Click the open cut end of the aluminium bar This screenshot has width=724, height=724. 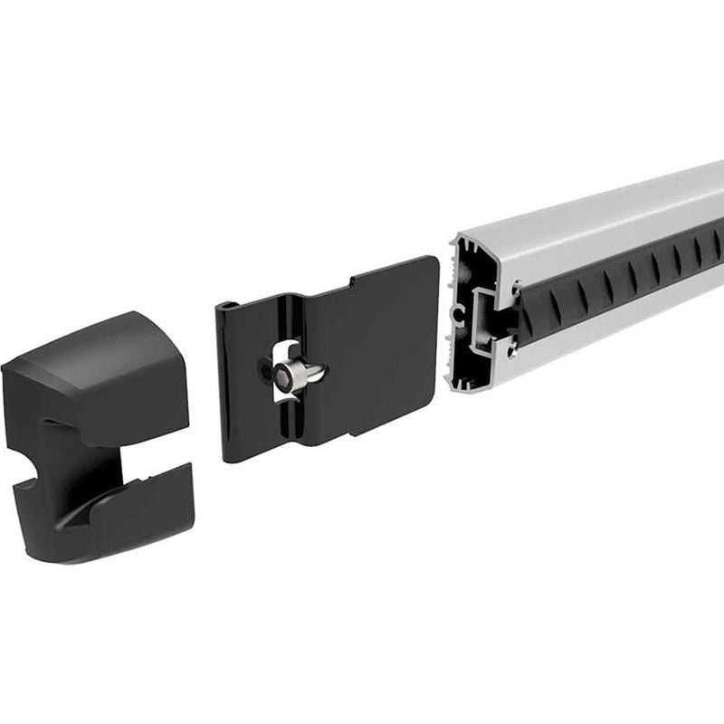pos(484,312)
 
